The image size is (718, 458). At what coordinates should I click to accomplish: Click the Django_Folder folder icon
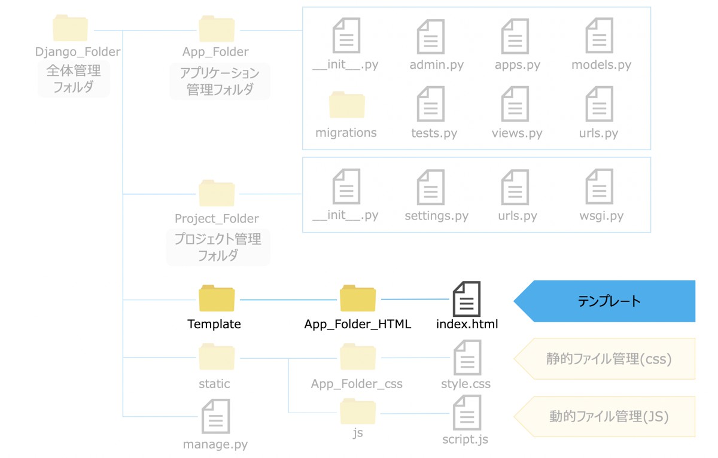(x=71, y=28)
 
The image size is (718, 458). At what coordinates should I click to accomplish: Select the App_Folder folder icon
(x=217, y=28)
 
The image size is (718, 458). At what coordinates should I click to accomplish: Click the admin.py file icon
(x=431, y=36)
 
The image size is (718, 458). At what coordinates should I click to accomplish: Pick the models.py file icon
(x=600, y=36)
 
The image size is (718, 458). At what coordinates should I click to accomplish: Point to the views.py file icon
(x=515, y=104)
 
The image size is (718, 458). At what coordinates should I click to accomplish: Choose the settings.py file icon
(x=431, y=187)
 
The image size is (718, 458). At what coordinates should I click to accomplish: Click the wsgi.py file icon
(x=600, y=187)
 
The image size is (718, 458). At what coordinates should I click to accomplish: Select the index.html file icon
(x=467, y=299)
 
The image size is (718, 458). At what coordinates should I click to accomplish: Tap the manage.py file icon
(x=216, y=417)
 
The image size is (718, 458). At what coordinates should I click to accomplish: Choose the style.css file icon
(x=467, y=358)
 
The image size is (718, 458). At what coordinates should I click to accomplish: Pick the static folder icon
(x=217, y=357)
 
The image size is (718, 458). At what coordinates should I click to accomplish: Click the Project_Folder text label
(x=217, y=219)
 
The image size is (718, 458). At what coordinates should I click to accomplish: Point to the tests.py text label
(x=434, y=133)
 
